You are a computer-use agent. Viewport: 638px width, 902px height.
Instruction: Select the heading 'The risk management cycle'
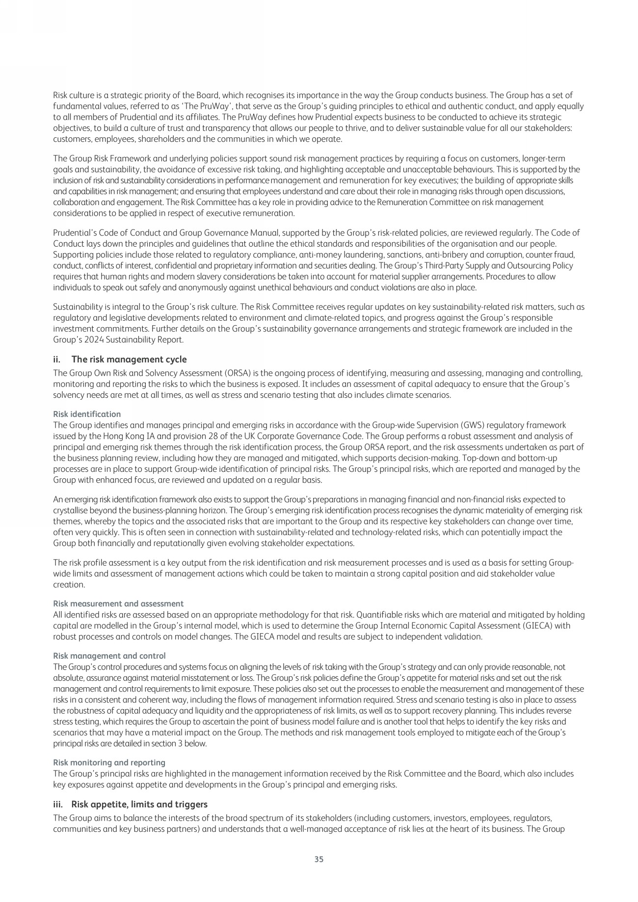[129, 360]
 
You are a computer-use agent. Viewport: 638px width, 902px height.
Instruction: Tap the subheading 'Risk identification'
[87, 414]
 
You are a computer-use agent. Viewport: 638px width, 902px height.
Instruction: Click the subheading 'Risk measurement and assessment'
[118, 603]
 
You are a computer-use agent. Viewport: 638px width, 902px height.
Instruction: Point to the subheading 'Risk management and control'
[109, 656]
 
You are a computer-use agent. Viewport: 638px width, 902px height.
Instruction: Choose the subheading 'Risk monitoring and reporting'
[109, 762]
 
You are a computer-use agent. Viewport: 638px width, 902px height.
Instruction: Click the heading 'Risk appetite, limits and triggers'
[139, 804]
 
